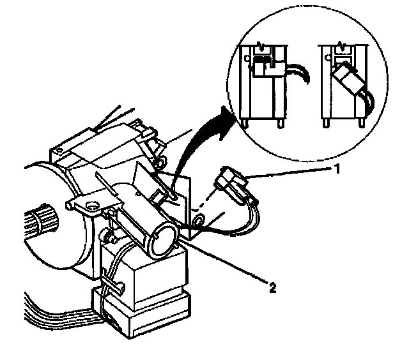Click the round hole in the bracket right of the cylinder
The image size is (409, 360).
tap(199, 221)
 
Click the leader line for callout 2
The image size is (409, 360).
tap(224, 258)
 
